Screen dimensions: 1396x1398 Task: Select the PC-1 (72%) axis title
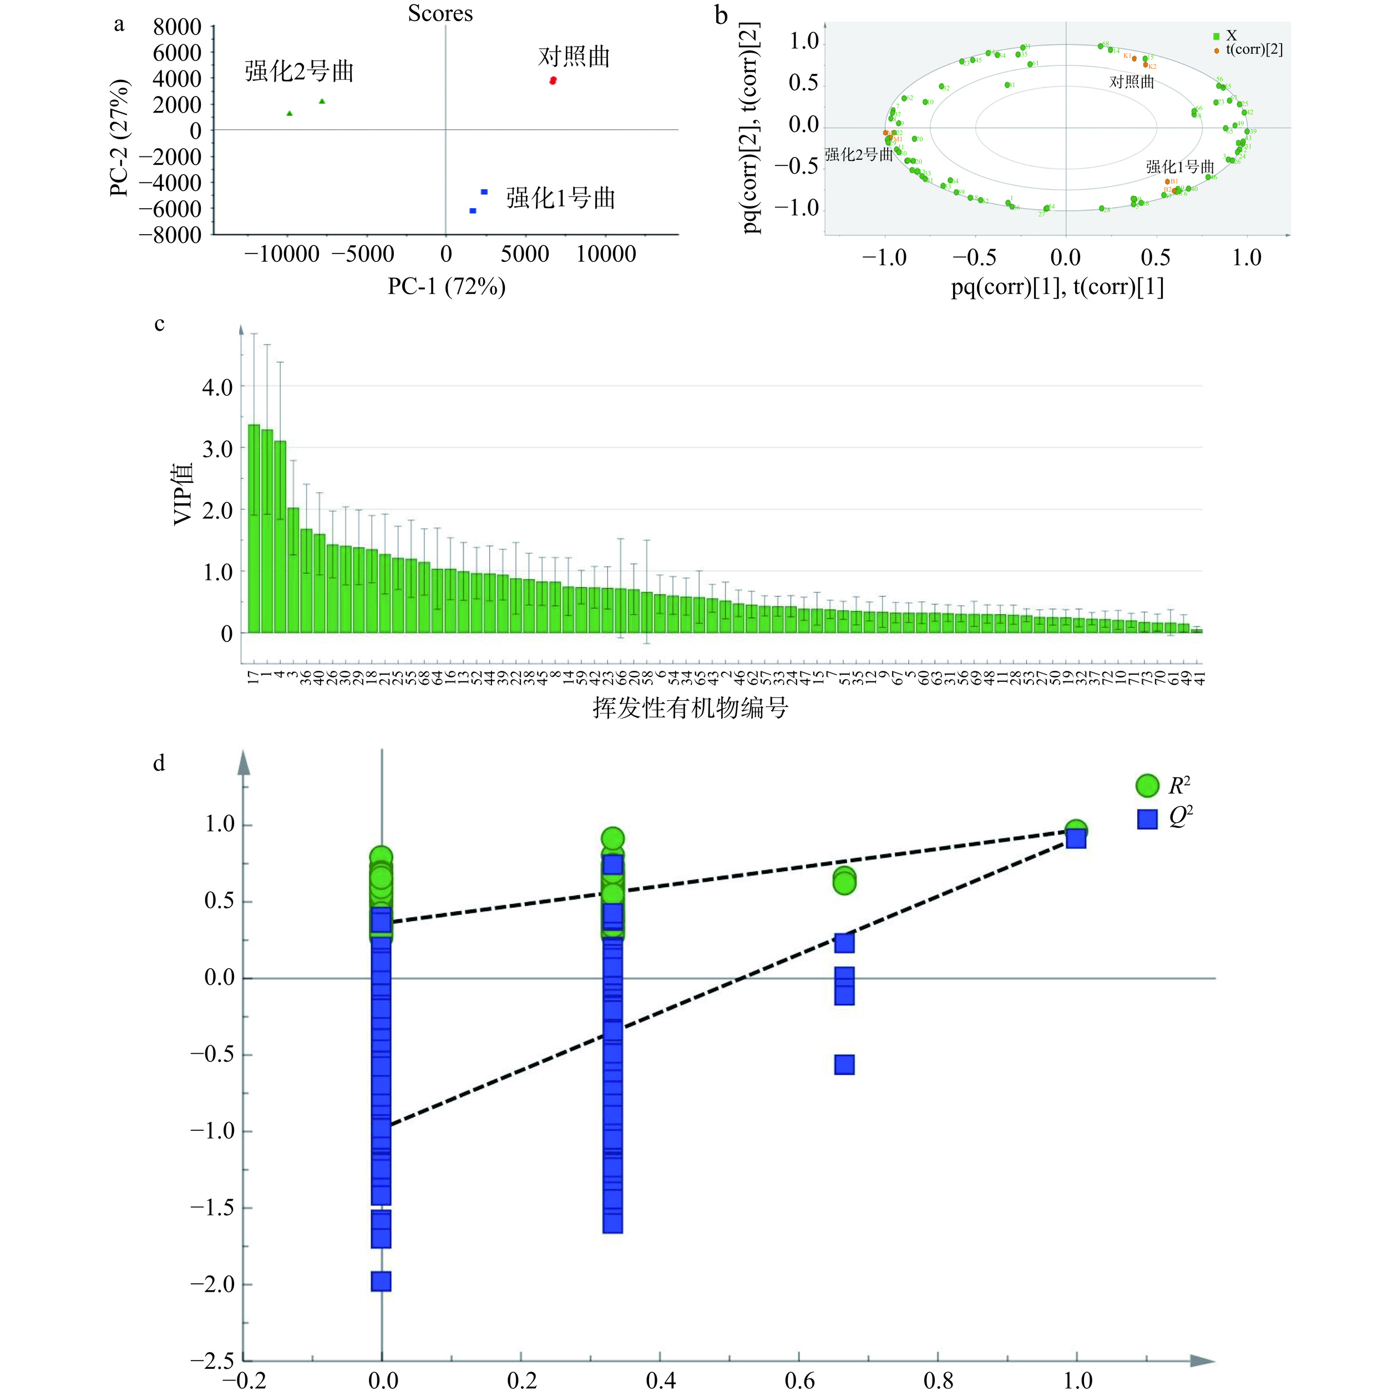447,287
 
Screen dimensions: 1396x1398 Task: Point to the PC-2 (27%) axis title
120,138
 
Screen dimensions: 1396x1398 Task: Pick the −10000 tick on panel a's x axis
281,254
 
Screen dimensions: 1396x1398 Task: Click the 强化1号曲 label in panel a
560,198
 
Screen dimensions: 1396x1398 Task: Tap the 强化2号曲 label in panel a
299,71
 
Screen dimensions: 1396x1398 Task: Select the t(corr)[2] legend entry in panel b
1253,50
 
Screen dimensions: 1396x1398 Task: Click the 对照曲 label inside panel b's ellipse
1132,82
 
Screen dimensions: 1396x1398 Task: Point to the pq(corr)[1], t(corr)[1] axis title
1057,287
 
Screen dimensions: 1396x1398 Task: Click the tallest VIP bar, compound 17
254,528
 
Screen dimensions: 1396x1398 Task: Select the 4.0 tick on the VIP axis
217,387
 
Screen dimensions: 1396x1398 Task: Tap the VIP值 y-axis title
184,494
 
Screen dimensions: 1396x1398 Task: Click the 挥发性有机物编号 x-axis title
690,707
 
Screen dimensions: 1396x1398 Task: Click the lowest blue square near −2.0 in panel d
381,1282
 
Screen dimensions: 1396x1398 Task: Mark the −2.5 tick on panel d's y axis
212,1361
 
